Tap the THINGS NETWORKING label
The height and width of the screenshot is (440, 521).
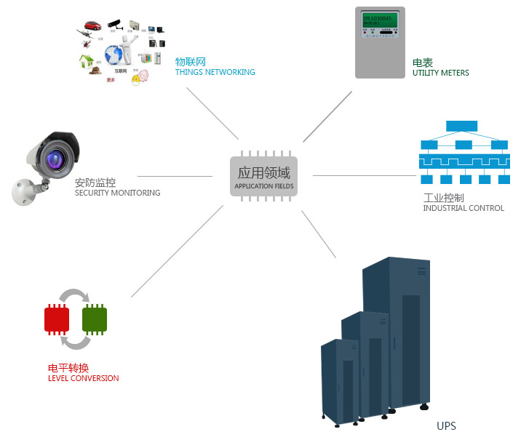215,72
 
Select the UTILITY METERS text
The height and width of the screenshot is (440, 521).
440,73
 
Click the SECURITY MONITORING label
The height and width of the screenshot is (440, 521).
117,193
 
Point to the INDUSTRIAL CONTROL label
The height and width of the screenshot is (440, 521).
463,208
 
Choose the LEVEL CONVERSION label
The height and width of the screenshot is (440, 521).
83,378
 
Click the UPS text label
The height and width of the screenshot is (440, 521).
446,426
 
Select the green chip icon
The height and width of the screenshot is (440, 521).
95,319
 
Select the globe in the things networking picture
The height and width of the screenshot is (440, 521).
115,54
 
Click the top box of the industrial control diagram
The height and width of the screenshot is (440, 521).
461,125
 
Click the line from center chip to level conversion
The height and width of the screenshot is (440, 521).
176,252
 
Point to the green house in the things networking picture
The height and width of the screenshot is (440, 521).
87,61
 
